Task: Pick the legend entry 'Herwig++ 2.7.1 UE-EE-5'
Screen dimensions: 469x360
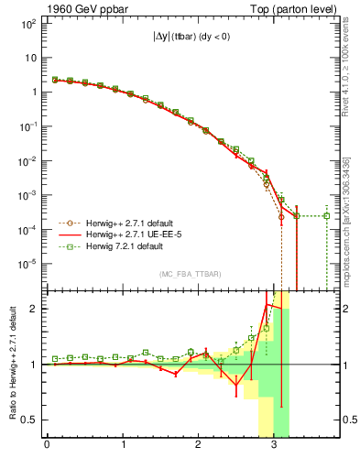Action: pyautogui.click(x=124, y=234)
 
